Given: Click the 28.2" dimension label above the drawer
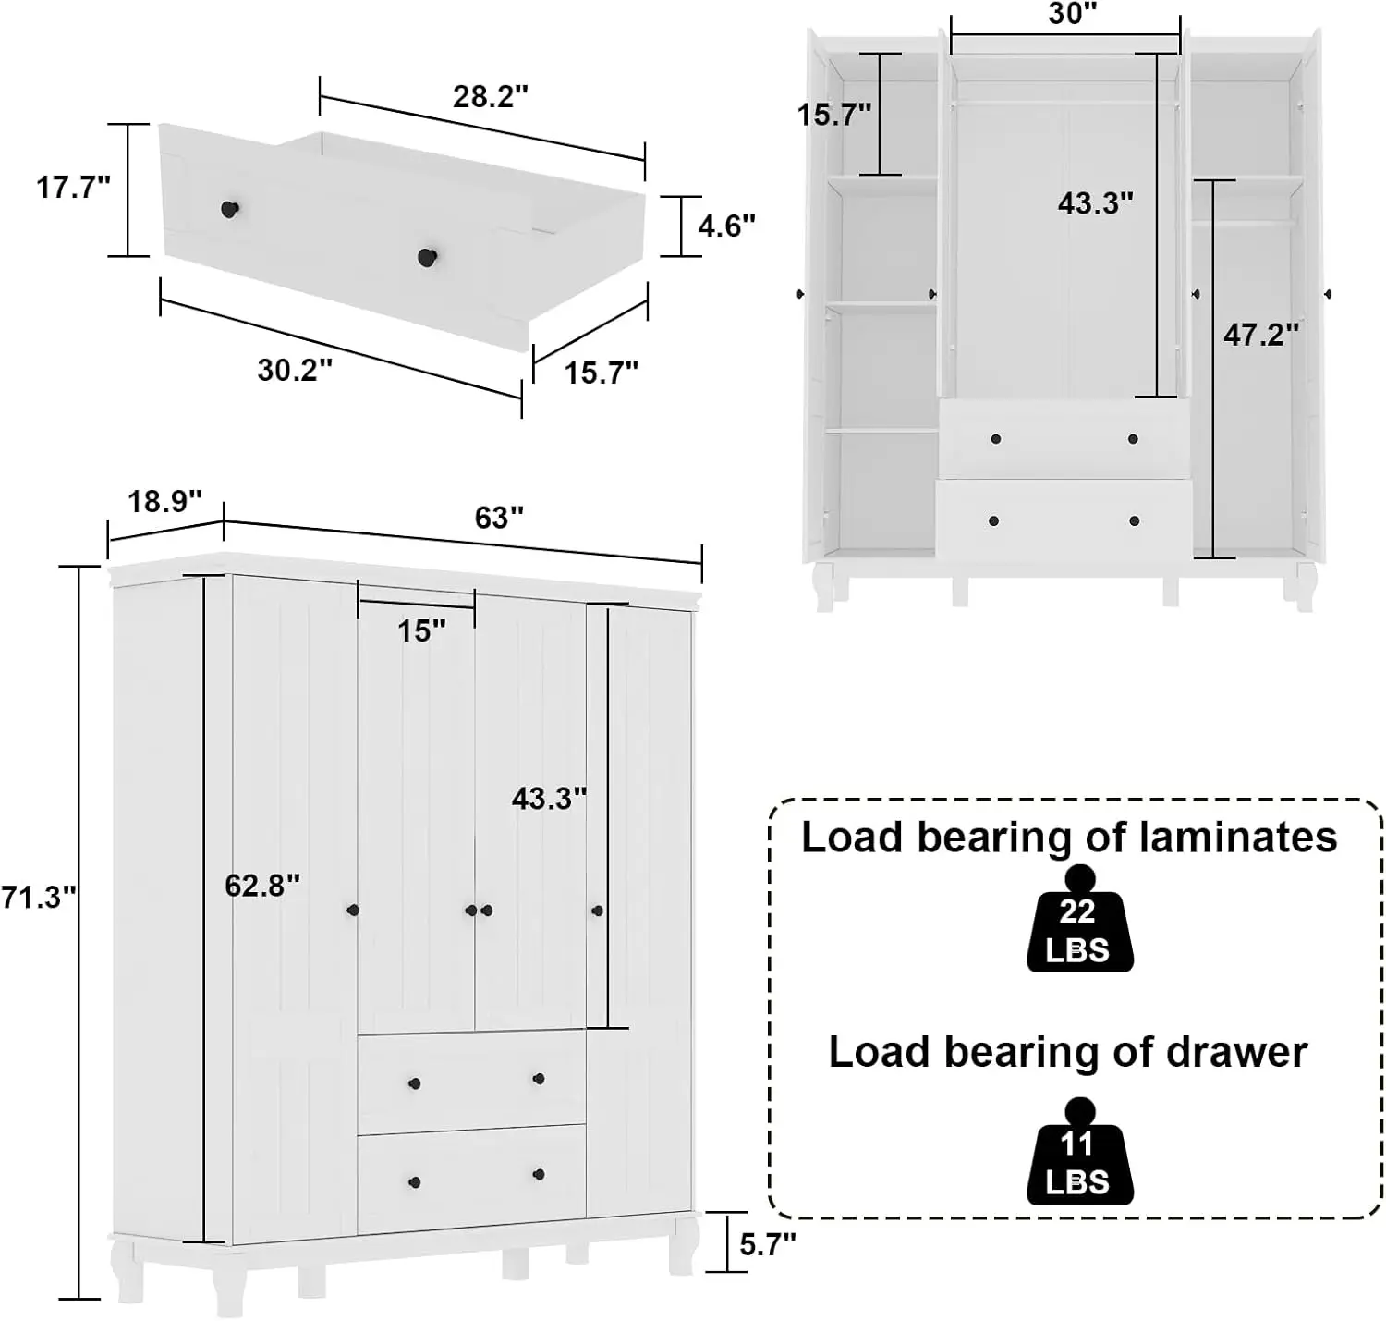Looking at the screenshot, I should [490, 96].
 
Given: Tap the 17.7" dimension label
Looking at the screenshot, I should [73, 188].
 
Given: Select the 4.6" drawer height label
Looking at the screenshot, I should [726, 226].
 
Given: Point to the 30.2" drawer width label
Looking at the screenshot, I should [295, 370].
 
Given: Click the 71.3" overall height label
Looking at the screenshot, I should [37, 897].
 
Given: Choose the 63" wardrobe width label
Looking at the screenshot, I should [499, 518].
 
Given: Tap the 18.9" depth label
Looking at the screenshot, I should [164, 501].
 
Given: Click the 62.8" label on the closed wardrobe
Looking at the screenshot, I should [262, 886].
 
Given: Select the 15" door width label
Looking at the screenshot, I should [421, 631].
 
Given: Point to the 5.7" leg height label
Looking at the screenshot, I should [767, 1244].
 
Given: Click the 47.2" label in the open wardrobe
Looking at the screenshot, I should [1261, 335].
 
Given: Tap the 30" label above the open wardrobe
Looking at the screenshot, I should [1072, 14].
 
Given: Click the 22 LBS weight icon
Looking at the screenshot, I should [1079, 924].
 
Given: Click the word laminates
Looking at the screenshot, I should [1238, 838].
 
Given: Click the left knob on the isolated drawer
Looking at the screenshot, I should [229, 210].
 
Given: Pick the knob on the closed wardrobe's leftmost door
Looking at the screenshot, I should [352, 911].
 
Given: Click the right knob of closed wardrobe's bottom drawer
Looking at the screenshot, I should [539, 1174].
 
